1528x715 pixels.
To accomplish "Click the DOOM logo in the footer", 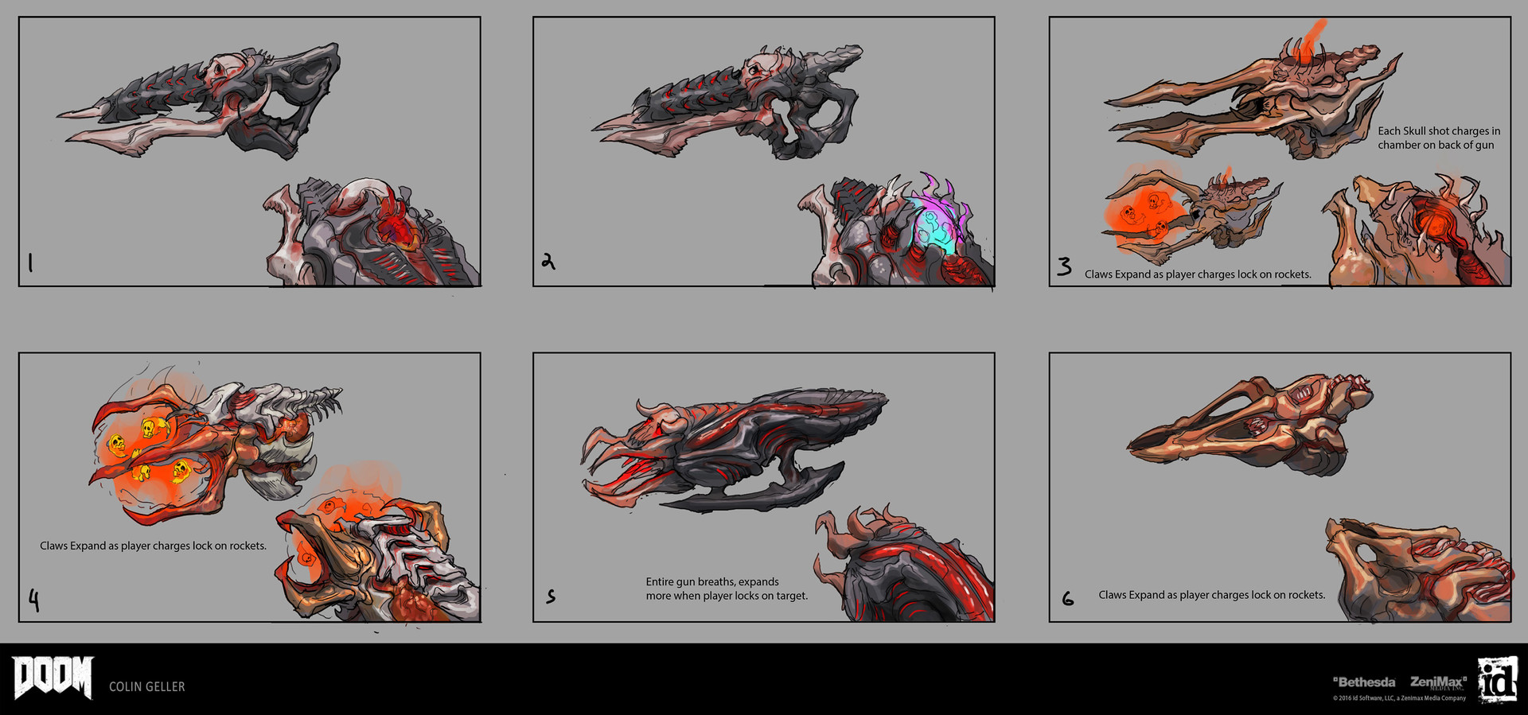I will pyautogui.click(x=53, y=677).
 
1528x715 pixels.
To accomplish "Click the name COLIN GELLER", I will pyautogui.click(x=146, y=686).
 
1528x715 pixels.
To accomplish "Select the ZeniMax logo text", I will pyautogui.click(x=1438, y=682).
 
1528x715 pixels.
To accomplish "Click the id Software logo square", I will pyautogui.click(x=1497, y=680).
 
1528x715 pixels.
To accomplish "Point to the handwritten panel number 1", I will pyautogui.click(x=30, y=262).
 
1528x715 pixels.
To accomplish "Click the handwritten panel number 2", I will pyautogui.click(x=548, y=261).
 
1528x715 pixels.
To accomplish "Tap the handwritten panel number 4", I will pyautogui.click(x=33, y=600).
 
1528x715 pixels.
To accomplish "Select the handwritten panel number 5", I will pyautogui.click(x=550, y=596).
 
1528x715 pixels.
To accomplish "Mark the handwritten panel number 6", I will pyautogui.click(x=1067, y=598).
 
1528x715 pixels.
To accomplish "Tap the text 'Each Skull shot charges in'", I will pyautogui.click(x=1439, y=131).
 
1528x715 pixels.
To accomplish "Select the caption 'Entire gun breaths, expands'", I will pyautogui.click(x=712, y=582).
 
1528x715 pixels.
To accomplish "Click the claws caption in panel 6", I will pyautogui.click(x=1211, y=595).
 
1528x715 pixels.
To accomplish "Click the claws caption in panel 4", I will pyautogui.click(x=153, y=546).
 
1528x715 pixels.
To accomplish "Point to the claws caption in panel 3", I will pyautogui.click(x=1197, y=274).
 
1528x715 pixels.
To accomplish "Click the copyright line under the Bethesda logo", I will pyautogui.click(x=1399, y=698).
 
